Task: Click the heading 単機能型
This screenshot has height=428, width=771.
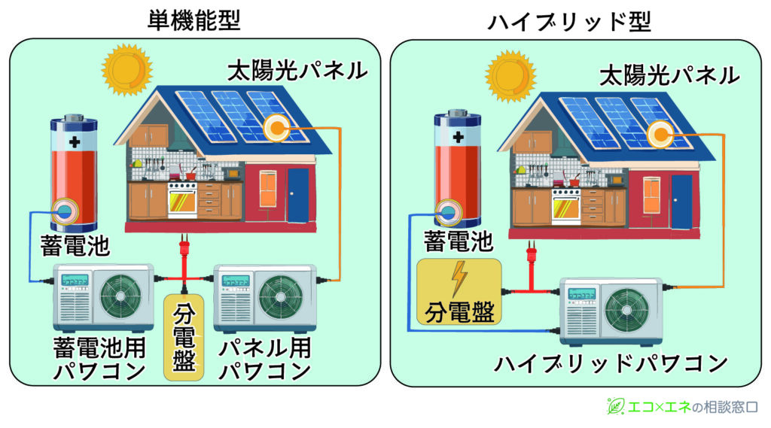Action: (x=194, y=20)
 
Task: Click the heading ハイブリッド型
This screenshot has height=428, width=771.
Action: (x=569, y=22)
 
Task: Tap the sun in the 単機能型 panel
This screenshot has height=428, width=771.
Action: (x=126, y=69)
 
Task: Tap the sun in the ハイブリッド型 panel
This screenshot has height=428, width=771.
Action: (x=510, y=76)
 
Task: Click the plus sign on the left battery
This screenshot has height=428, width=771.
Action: (x=75, y=142)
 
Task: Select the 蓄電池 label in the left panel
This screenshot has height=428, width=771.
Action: (x=75, y=245)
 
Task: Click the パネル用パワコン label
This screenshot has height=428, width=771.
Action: (x=265, y=360)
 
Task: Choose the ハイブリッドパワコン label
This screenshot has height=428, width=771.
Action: (x=611, y=363)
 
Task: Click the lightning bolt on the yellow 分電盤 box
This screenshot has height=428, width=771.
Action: (x=459, y=278)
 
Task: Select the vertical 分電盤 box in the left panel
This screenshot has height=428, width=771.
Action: (x=184, y=337)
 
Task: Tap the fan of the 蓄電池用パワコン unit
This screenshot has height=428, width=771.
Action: (x=121, y=296)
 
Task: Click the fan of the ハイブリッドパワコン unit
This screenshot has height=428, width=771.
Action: (x=626, y=310)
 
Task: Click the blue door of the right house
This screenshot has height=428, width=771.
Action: (x=681, y=202)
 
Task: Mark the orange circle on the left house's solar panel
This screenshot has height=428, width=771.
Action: (x=276, y=129)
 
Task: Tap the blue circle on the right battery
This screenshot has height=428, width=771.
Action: (x=448, y=212)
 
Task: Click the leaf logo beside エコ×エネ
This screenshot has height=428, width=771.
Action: (x=615, y=406)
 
